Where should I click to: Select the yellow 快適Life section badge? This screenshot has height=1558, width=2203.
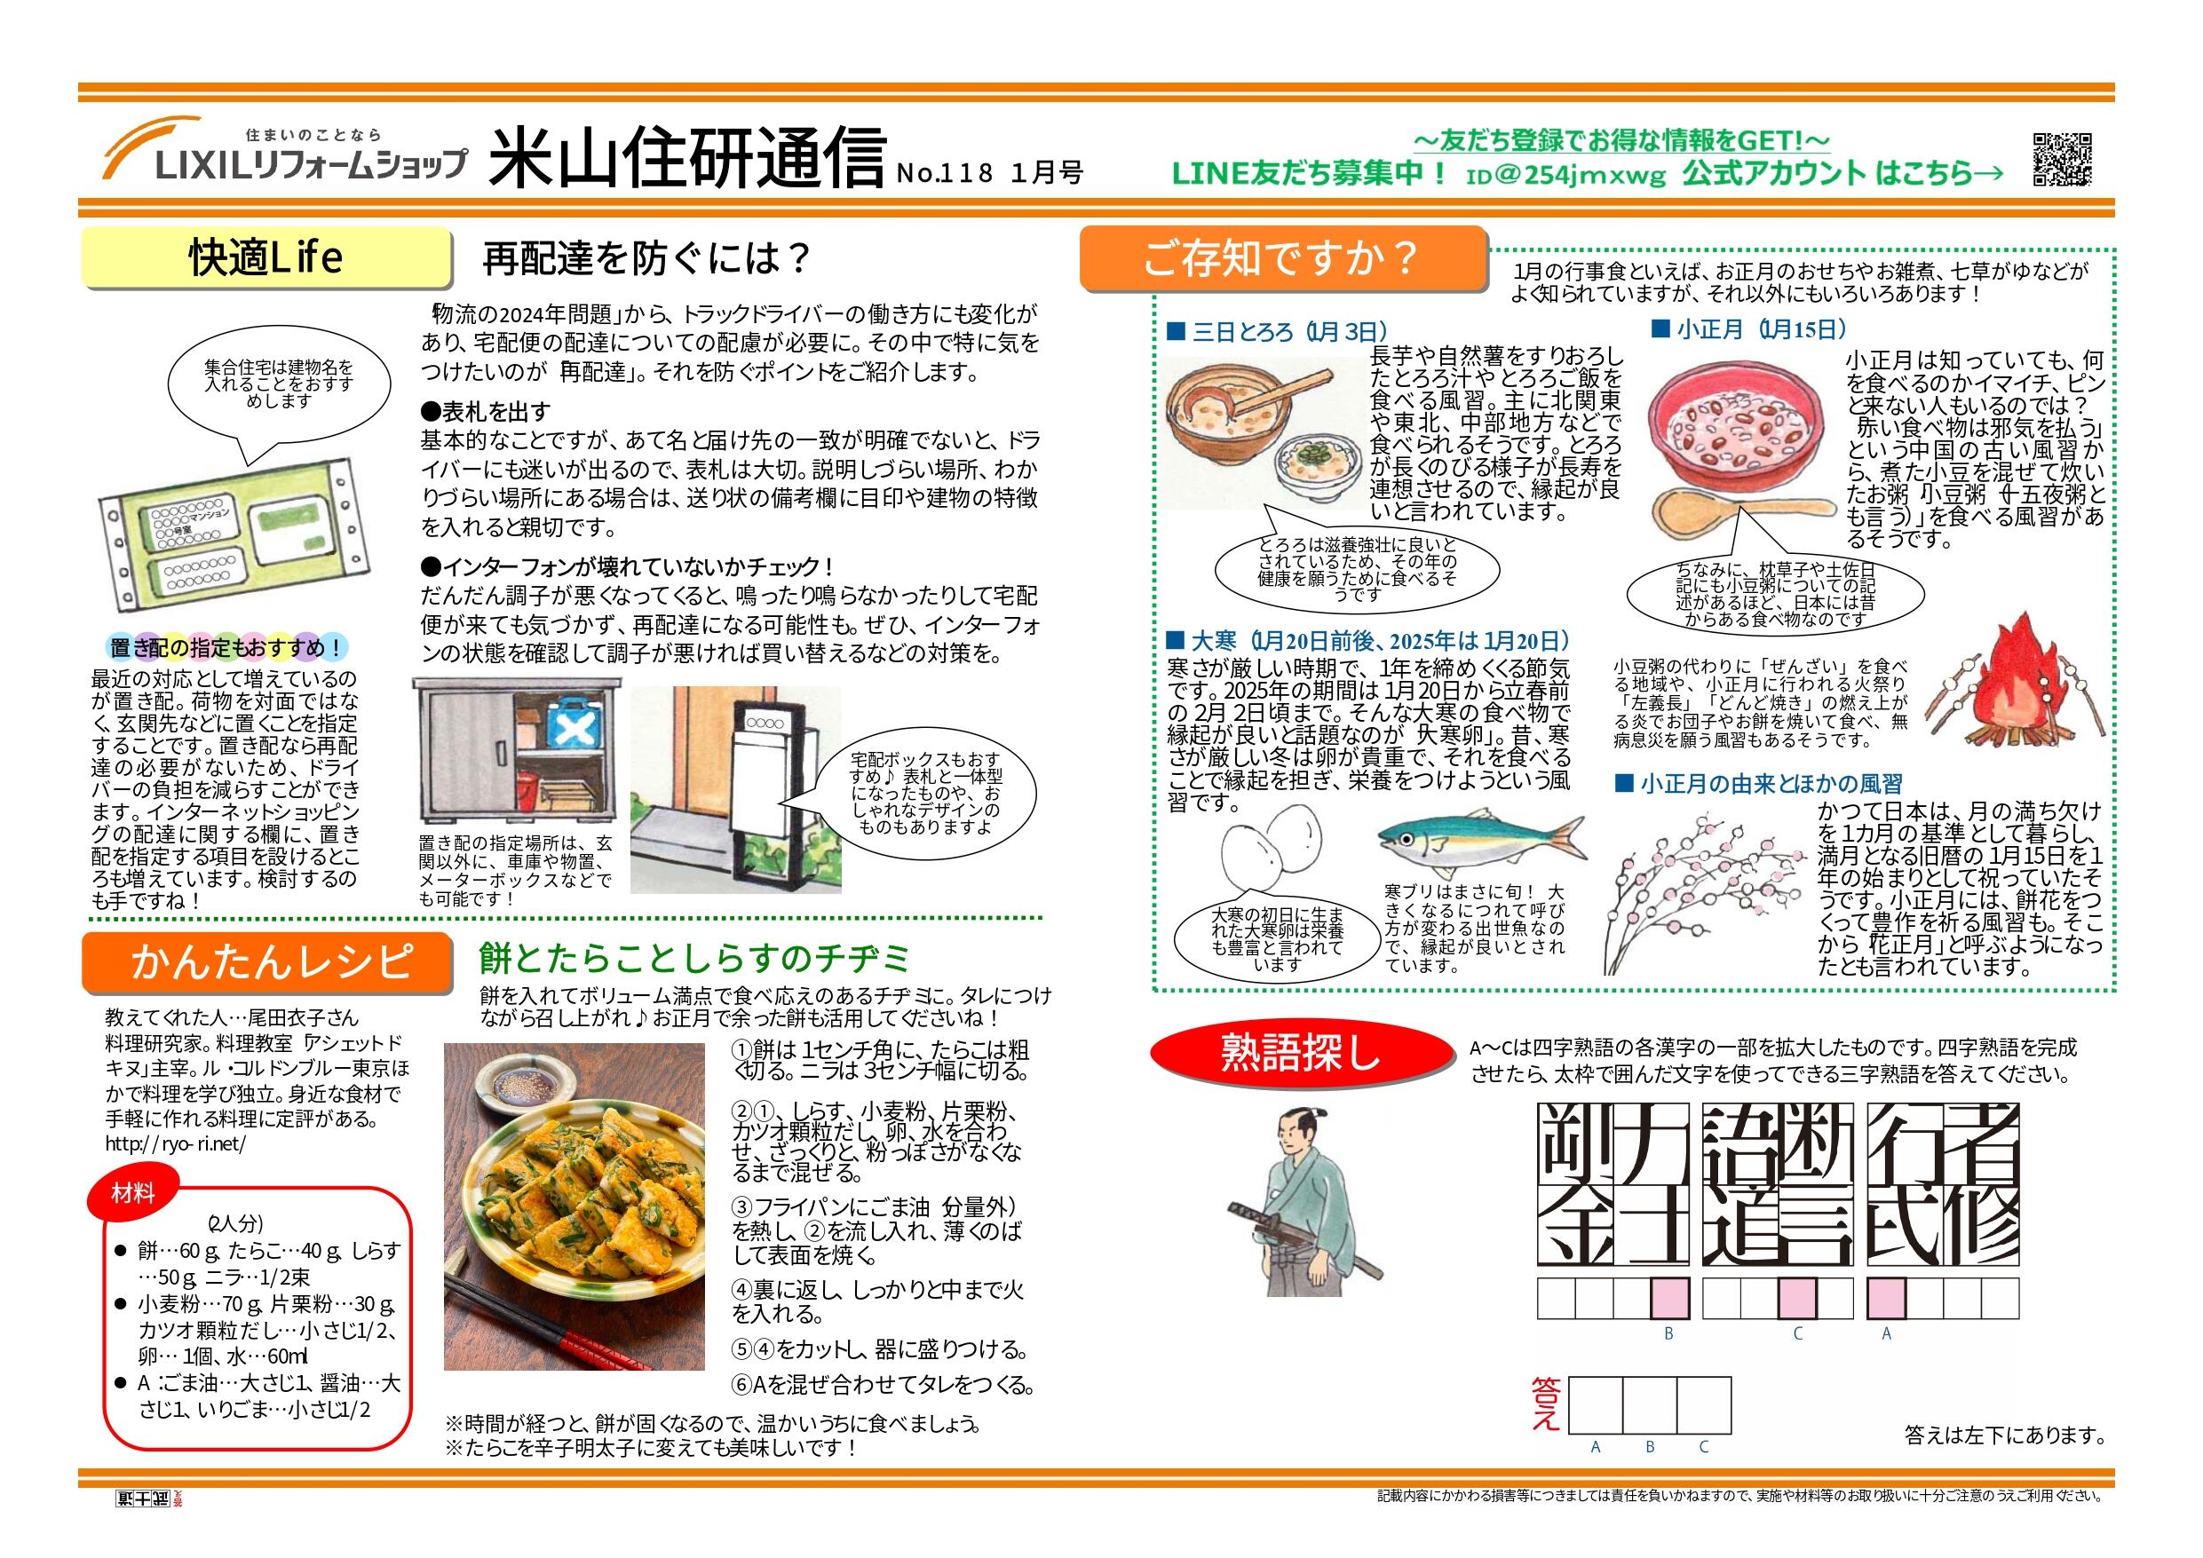[x=265, y=258]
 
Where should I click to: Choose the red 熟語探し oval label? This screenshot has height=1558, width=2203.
[x=1301, y=1052]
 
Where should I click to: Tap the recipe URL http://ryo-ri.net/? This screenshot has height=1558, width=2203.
[x=176, y=1144]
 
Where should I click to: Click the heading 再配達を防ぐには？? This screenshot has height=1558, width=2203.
[x=646, y=258]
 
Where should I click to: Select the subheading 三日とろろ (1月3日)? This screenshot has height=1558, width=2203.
[x=1276, y=332]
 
